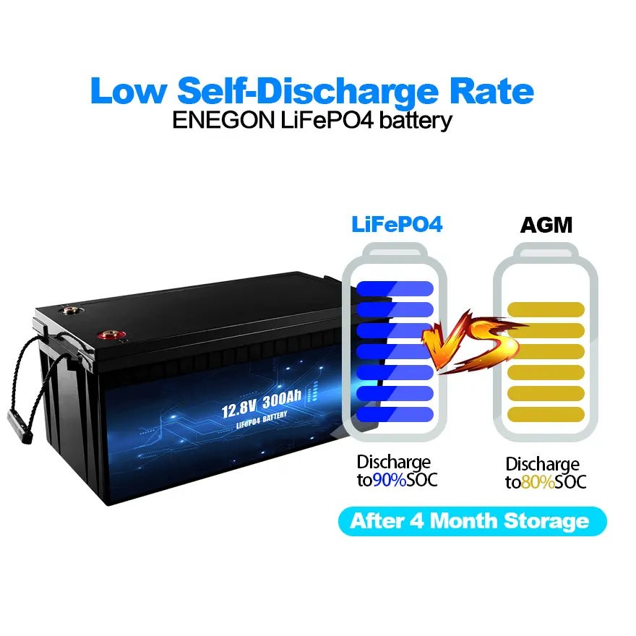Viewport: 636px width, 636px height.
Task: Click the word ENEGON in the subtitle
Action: coord(223,120)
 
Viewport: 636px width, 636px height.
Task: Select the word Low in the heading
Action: coord(128,91)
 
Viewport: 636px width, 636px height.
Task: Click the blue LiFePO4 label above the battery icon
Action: coord(397,224)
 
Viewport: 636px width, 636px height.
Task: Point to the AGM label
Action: coord(546,225)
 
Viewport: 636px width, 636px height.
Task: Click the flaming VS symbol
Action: coord(473,343)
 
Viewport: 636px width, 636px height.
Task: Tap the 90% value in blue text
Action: coord(390,480)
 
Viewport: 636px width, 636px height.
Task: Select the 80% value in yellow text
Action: coord(538,482)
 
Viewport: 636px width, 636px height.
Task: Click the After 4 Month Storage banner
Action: coord(472,521)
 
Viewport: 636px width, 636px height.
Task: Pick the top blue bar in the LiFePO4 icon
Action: coord(395,288)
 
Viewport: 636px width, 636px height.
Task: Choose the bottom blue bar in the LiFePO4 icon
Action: coord(395,415)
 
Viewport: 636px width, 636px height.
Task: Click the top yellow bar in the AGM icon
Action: coord(546,309)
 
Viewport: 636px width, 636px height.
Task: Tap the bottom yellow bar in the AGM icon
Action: coord(546,415)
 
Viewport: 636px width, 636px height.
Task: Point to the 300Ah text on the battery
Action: coord(282,400)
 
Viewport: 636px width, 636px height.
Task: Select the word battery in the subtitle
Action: coord(416,121)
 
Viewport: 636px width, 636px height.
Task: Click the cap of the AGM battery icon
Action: coord(546,250)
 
